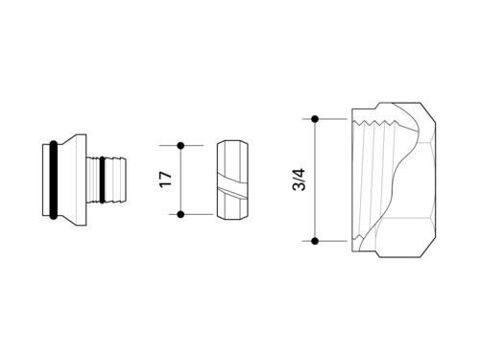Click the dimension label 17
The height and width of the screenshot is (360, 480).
[x=166, y=180]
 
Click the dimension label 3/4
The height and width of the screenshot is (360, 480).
[x=300, y=180]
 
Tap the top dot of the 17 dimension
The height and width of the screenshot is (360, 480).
[x=180, y=146]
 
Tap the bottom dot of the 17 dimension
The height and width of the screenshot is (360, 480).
[x=180, y=214]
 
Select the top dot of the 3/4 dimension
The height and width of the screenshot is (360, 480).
[x=315, y=119]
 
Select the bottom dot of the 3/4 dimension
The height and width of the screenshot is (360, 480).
[x=315, y=241]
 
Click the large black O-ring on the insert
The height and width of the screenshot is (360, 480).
[x=54, y=180]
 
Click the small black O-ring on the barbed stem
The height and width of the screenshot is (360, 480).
[x=102, y=180]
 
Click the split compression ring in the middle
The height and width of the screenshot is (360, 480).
[x=232, y=180]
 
